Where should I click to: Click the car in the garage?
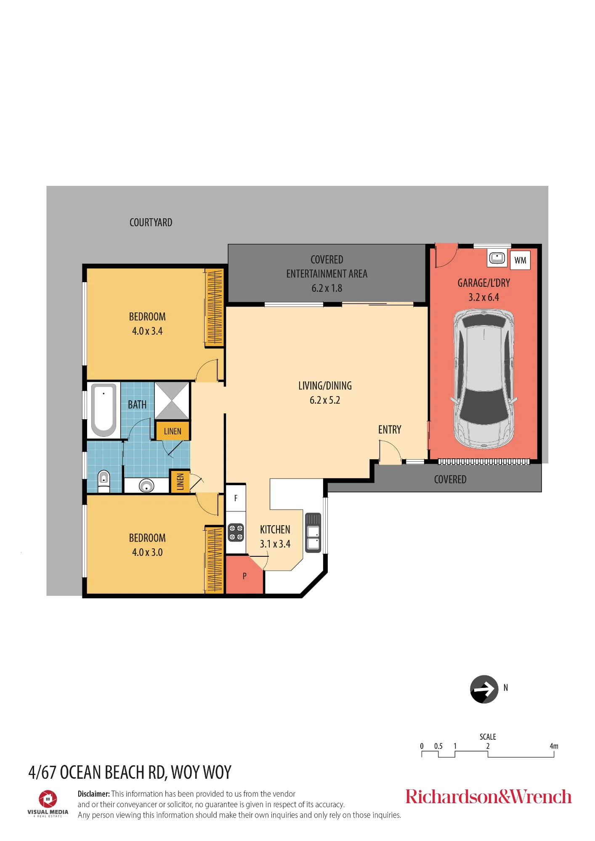[484, 379]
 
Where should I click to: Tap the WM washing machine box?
[520, 260]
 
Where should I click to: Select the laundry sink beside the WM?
[497, 257]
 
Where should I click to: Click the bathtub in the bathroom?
[104, 410]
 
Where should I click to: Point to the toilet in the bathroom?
[104, 481]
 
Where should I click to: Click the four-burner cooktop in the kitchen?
[236, 532]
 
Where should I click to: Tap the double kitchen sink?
[313, 532]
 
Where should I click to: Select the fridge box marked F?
[236, 498]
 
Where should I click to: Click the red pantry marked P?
[244, 575]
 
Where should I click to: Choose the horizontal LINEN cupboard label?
[173, 431]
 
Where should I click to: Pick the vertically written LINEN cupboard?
[180, 481]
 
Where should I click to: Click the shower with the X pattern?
[172, 400]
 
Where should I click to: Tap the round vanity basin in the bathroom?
[146, 486]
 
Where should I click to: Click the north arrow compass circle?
[484, 689]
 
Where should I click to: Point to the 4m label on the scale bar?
[554, 746]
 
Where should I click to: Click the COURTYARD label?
[151, 222]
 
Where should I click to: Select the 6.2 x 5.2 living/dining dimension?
[325, 400]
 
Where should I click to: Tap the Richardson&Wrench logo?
[489, 797]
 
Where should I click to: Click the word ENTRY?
[390, 429]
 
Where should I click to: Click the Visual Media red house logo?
[48, 799]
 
